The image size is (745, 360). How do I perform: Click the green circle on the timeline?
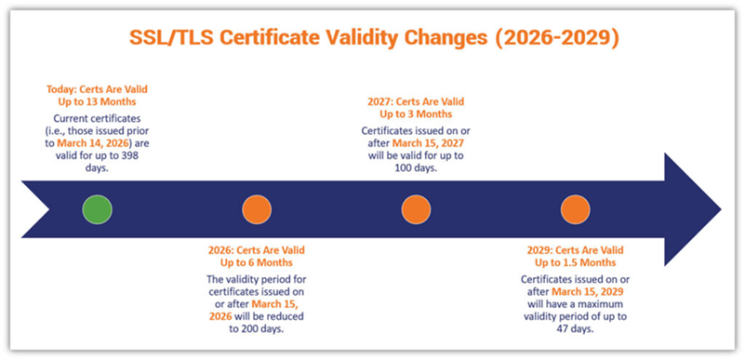coord(97,209)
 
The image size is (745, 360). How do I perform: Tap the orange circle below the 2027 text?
coord(416,209)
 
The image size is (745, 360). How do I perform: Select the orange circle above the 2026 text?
coord(257,209)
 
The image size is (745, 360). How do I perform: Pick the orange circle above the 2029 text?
coord(575,209)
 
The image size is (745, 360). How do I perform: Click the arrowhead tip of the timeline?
coord(721,209)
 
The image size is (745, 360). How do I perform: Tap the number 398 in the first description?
coord(129,154)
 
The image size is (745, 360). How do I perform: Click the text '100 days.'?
coord(416,168)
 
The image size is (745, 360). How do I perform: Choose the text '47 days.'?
coord(575,329)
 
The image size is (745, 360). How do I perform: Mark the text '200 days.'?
coord(257,329)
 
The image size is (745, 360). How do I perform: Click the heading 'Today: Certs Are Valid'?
coord(97,89)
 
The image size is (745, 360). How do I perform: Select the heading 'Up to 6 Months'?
coord(257,262)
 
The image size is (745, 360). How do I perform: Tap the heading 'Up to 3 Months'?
coord(416,114)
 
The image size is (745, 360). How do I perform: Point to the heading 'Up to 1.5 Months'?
coord(575,262)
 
